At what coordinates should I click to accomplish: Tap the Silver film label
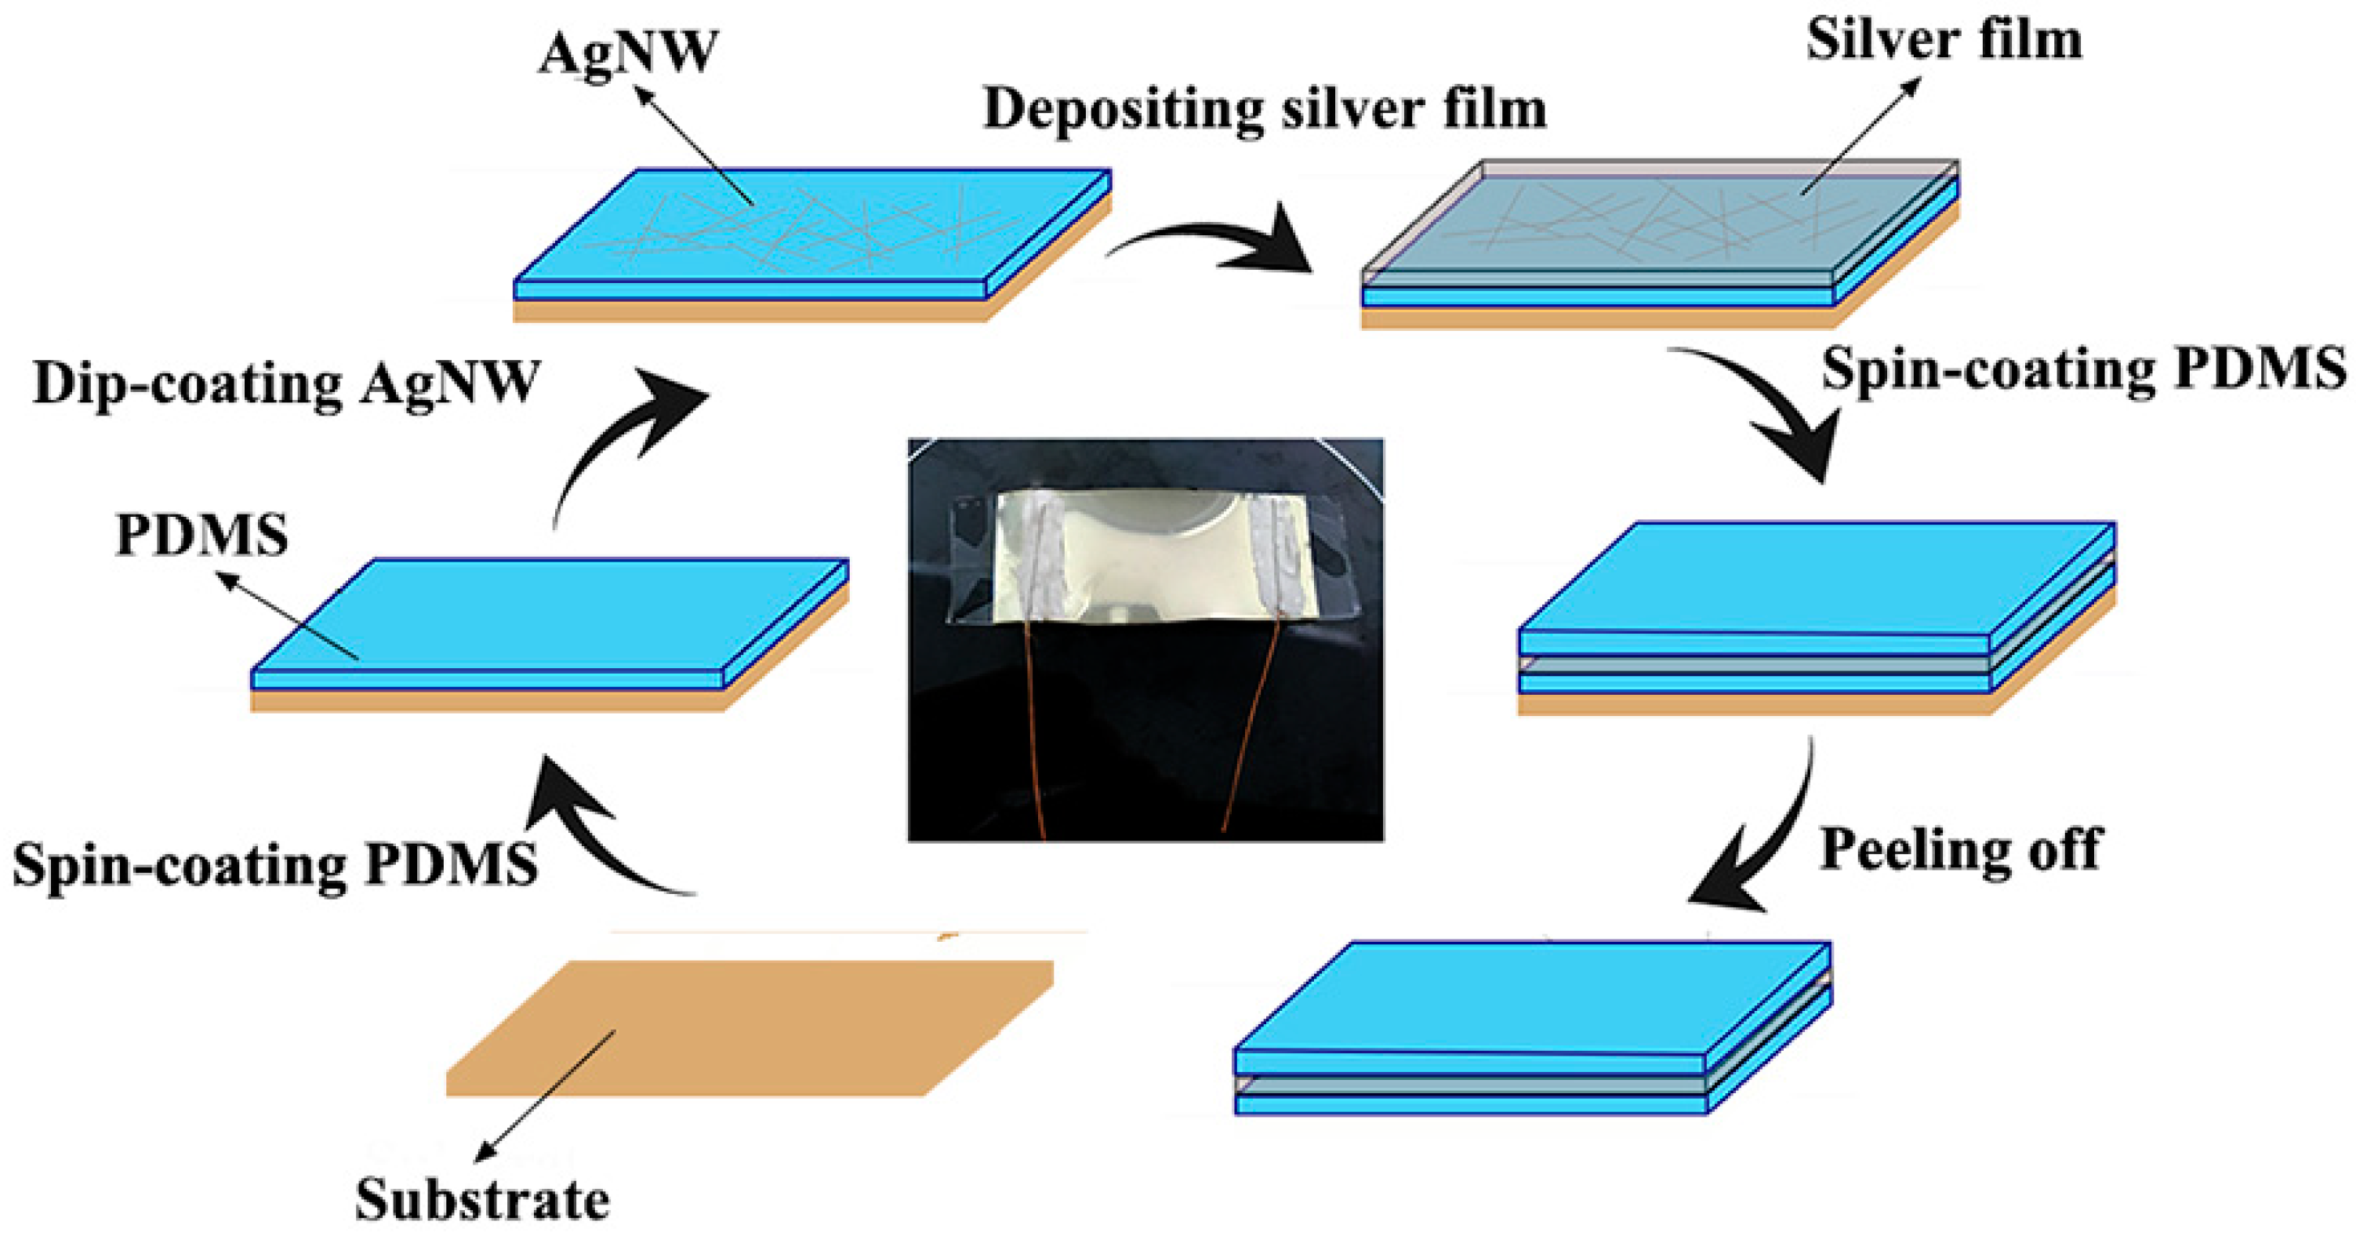pyautogui.click(x=1944, y=40)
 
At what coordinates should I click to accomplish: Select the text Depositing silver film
pyautogui.click(x=1265, y=109)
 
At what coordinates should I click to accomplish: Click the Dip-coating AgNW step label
pyautogui.click(x=286, y=383)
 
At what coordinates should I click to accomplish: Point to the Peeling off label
pyautogui.click(x=1961, y=849)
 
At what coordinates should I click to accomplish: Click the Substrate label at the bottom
pyautogui.click(x=482, y=1199)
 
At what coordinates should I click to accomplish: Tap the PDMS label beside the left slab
pyautogui.click(x=202, y=535)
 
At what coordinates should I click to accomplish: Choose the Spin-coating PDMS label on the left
pyautogui.click(x=274, y=864)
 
